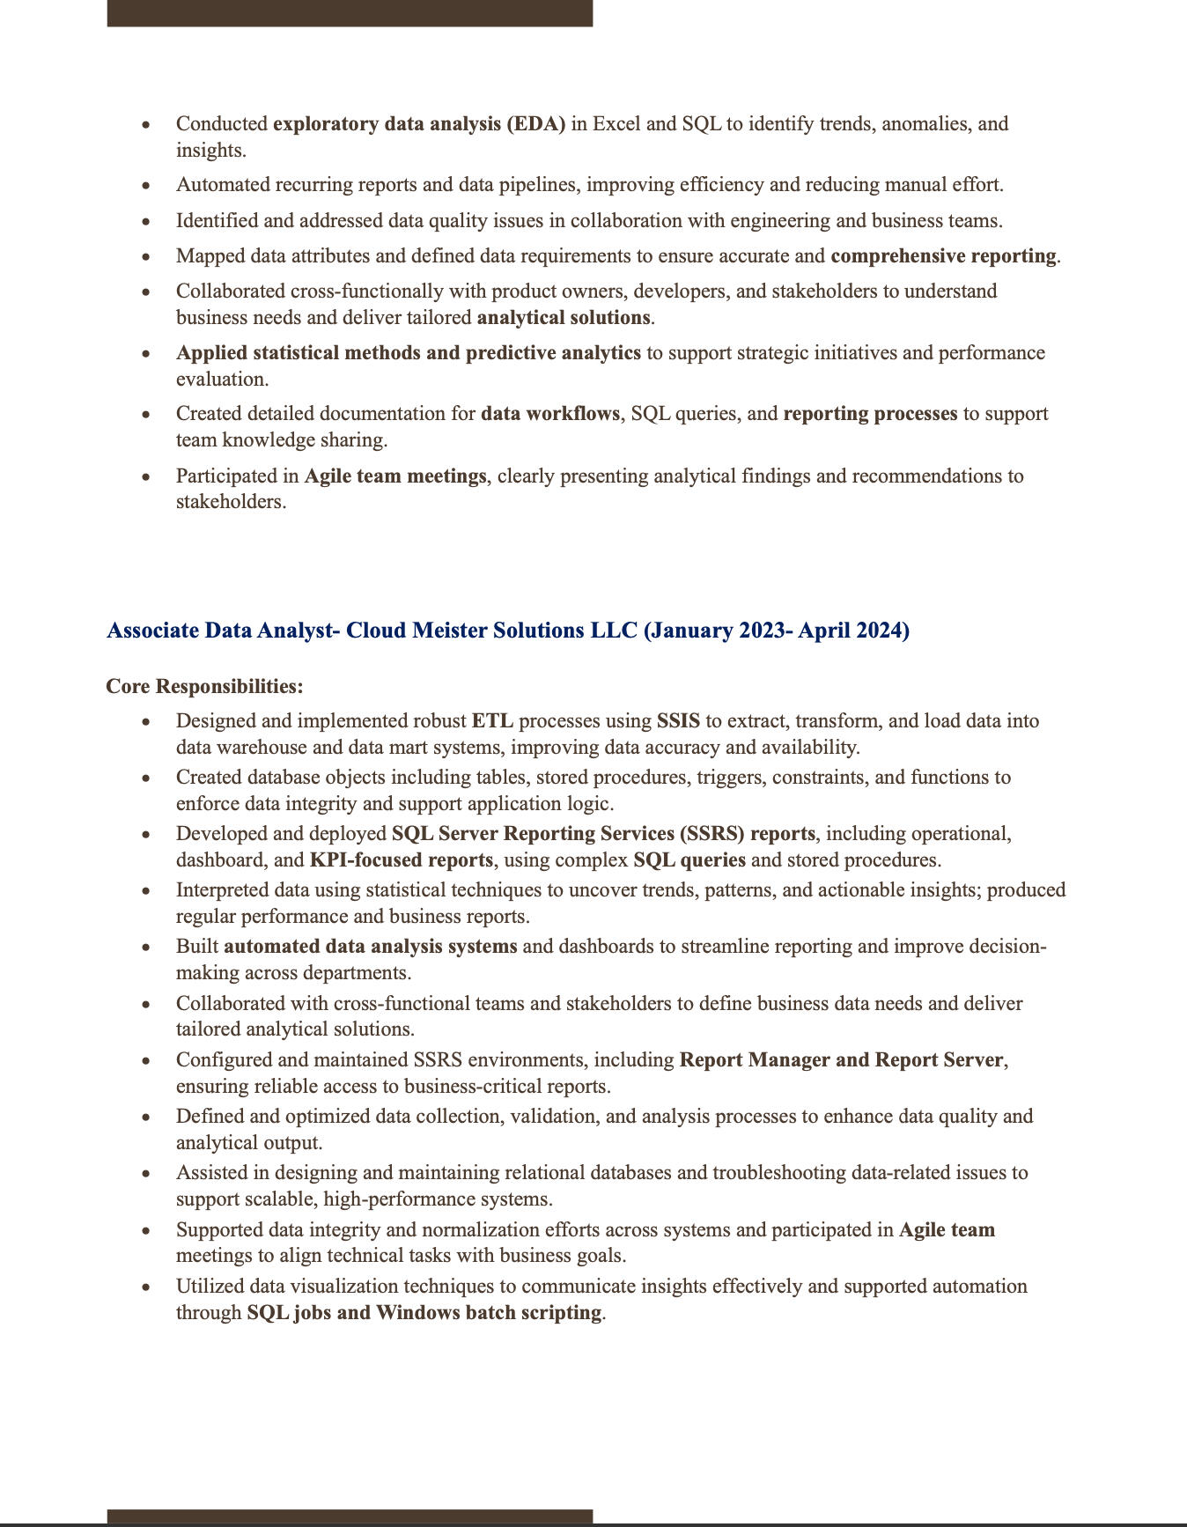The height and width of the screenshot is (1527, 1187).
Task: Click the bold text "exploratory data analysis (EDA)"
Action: (419, 123)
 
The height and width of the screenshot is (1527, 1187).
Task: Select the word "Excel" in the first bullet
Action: (616, 123)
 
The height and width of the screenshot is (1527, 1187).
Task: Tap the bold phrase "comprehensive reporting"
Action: (943, 256)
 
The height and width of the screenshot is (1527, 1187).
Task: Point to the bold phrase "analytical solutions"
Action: (564, 318)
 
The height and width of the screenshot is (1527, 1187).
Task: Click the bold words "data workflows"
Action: (550, 414)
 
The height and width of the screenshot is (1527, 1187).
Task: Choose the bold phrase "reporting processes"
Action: (870, 414)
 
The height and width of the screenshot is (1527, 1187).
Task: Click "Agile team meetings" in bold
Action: (395, 476)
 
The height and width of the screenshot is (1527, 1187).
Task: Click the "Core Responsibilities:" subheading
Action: (204, 686)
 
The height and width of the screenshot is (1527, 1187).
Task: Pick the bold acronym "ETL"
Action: (492, 721)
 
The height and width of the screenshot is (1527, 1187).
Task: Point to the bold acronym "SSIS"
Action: (678, 721)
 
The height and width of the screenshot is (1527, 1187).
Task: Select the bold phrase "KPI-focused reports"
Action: (401, 860)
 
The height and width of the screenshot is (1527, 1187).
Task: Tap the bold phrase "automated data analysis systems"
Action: (371, 947)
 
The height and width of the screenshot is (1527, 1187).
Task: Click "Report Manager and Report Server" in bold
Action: (841, 1060)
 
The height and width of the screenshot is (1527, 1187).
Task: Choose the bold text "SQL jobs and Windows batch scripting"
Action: (424, 1313)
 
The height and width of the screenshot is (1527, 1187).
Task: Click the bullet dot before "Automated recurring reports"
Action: (146, 186)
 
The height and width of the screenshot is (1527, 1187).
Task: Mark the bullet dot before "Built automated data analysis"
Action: (146, 948)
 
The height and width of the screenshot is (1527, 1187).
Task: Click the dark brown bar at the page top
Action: (350, 13)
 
